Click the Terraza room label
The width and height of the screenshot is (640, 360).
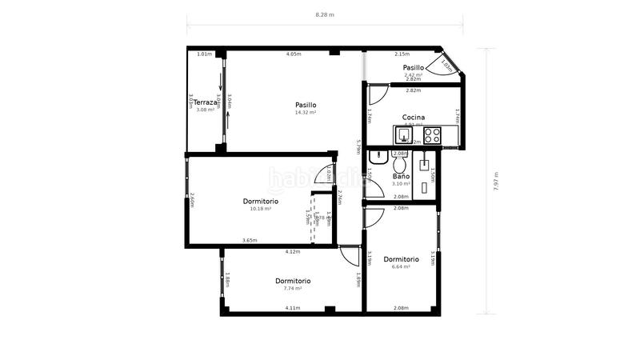206,102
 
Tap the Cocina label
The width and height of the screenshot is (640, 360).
413,118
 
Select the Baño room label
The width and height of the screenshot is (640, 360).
401,176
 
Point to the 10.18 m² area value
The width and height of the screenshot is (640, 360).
261,209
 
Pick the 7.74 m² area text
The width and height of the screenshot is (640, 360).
293,289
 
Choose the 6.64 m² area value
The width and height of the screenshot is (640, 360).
401,267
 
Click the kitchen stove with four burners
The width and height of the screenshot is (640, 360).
432,134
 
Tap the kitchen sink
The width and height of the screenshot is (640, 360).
405,134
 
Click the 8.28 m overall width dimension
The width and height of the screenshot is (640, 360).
325,14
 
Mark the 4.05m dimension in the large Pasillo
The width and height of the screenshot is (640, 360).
294,54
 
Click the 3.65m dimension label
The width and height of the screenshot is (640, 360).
250,241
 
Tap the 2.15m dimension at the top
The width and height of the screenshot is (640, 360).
402,54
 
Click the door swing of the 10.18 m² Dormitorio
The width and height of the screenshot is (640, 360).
324,174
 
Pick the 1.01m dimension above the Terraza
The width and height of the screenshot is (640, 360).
204,54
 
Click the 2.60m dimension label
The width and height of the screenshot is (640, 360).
192,199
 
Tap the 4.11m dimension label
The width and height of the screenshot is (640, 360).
293,308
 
